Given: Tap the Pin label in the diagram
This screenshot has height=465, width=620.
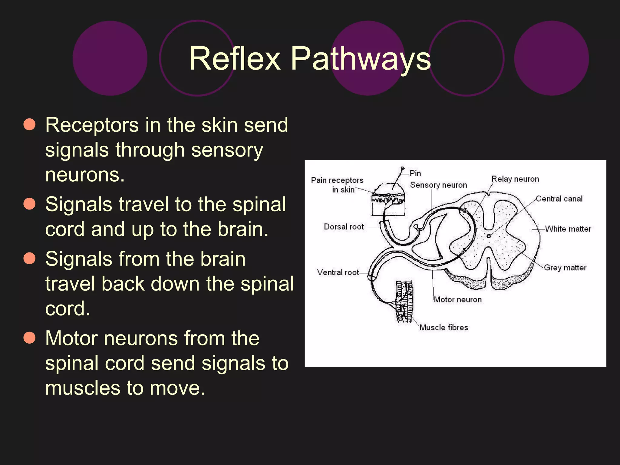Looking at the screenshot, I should click(x=415, y=173).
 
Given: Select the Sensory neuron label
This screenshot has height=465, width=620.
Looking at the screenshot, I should click(x=438, y=185).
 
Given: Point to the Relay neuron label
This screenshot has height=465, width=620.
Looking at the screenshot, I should click(x=515, y=179).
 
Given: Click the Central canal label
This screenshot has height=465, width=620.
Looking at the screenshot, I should click(x=559, y=199).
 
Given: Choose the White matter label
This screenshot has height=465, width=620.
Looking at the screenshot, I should click(x=568, y=229).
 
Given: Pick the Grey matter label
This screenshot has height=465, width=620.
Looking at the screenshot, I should click(x=565, y=268).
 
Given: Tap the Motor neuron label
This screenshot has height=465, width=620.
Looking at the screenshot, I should click(x=457, y=299).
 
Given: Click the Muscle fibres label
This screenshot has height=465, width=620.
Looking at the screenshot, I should click(x=444, y=327).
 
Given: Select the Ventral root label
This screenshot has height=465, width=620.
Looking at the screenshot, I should click(x=338, y=272).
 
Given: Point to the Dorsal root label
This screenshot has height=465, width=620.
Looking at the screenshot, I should click(x=344, y=227).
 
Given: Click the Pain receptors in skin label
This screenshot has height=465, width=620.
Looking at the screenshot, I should click(x=337, y=185).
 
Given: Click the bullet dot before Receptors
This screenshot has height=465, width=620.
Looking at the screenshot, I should click(x=30, y=124).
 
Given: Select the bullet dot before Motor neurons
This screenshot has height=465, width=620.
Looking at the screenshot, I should click(x=30, y=338).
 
